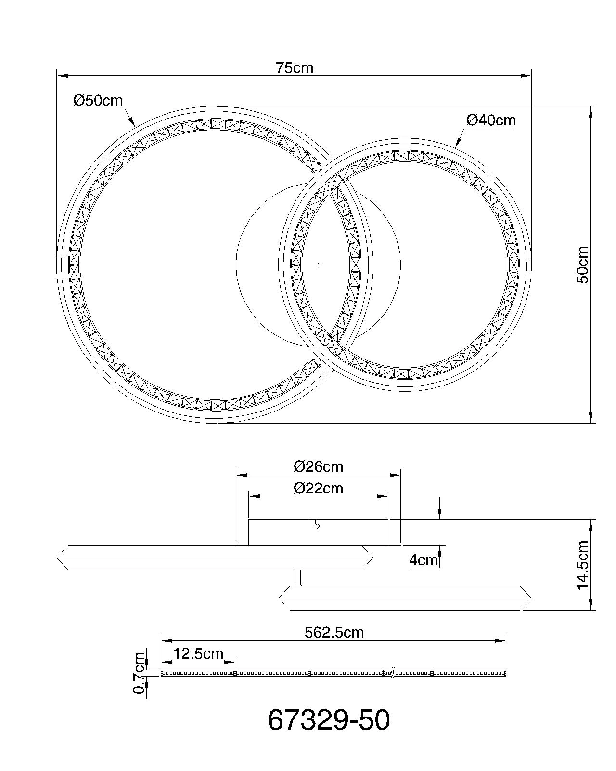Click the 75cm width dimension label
[294, 68]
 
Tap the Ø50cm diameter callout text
[98, 101]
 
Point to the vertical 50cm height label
[582, 265]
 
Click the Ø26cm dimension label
[318, 466]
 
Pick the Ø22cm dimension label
[318, 488]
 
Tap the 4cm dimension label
[423, 560]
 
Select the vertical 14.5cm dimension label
[582, 565]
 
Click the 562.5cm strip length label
[334, 632]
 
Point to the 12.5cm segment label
[198, 653]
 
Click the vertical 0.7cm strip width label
[140, 673]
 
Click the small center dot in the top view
[319, 265]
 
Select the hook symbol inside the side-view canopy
[315, 525]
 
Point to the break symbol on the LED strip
[393, 673]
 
